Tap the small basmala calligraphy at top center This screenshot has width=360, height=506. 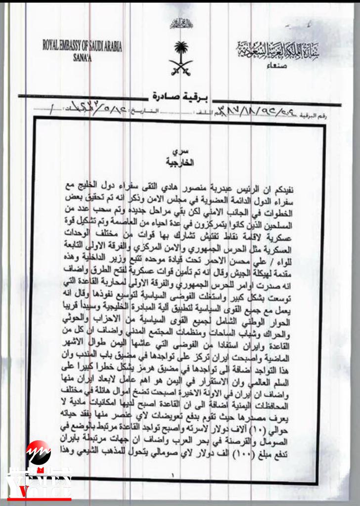(x=180, y=23)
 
